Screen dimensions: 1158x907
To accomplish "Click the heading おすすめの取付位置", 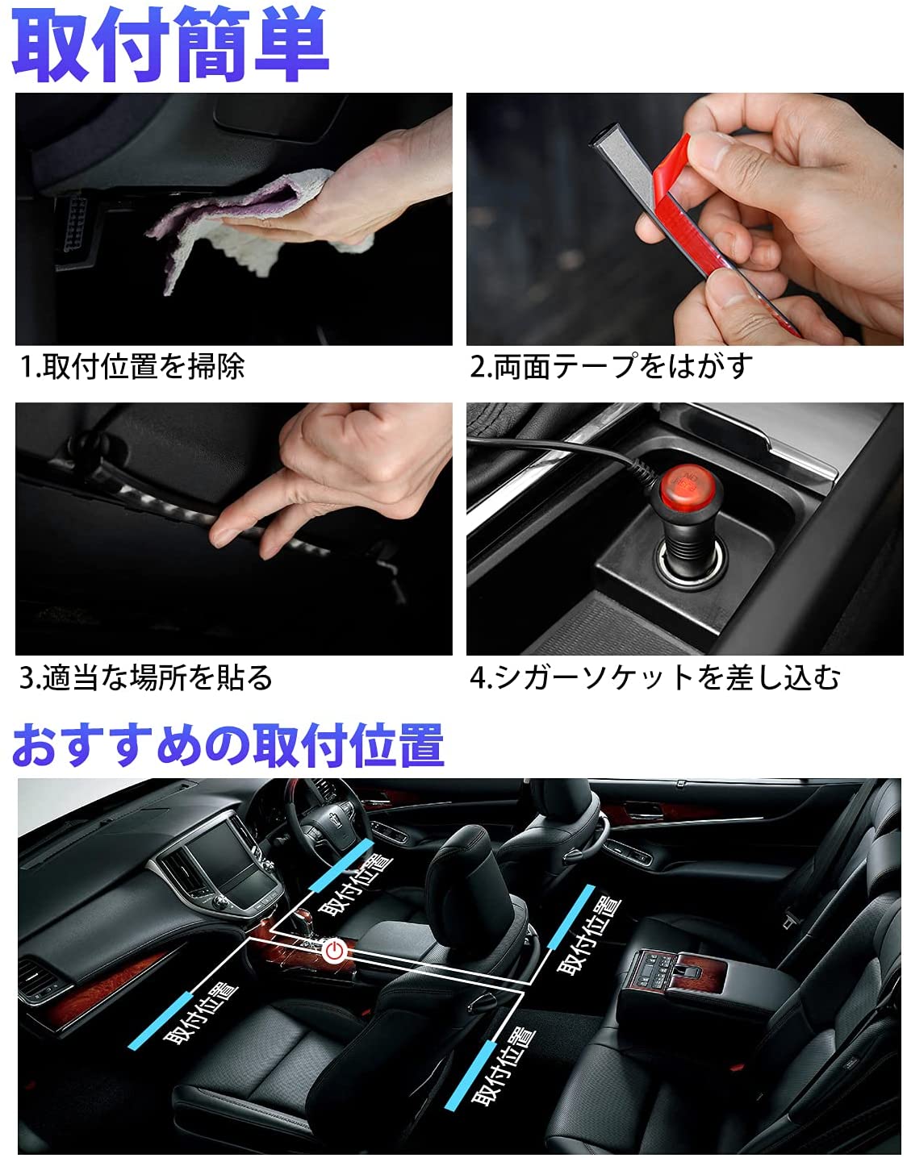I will (228, 744).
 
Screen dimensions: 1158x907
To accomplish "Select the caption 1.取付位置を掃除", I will (132, 367).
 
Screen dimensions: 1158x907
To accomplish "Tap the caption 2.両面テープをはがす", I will (611, 367).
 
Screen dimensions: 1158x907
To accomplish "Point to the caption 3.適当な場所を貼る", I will (146, 677).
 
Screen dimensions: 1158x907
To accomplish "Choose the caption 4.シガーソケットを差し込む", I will (654, 677).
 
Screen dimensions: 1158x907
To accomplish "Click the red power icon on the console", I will (334, 950).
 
